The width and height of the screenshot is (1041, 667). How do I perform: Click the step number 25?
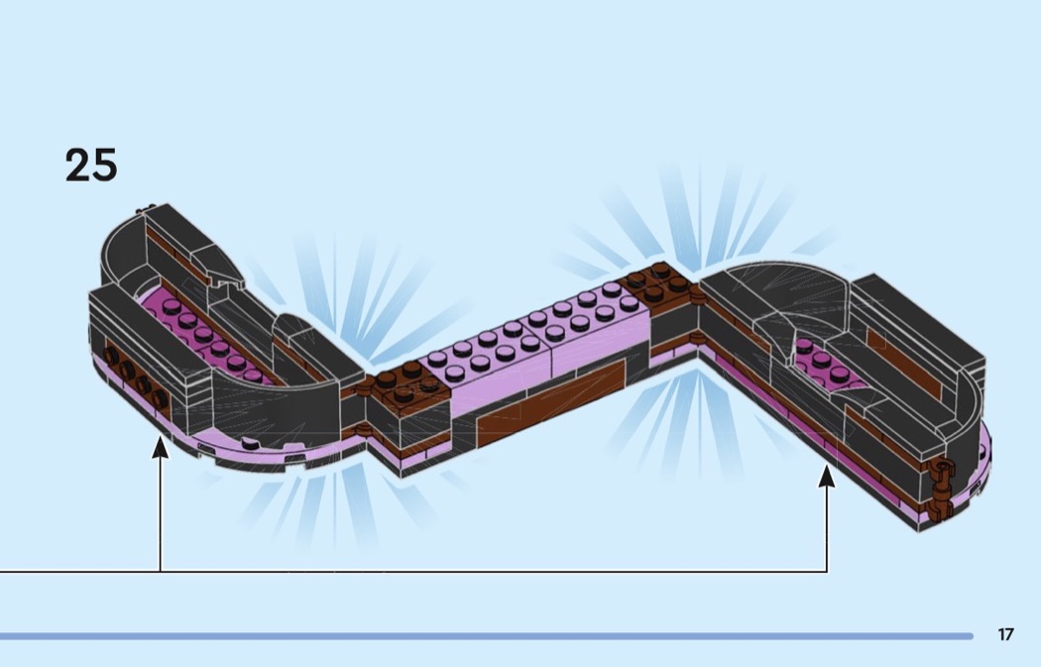(91, 165)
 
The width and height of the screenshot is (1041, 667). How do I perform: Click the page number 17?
(1005, 634)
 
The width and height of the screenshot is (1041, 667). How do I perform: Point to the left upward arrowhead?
(160, 449)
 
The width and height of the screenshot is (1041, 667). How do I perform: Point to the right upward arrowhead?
(826, 477)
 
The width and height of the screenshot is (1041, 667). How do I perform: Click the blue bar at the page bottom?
(486, 636)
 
